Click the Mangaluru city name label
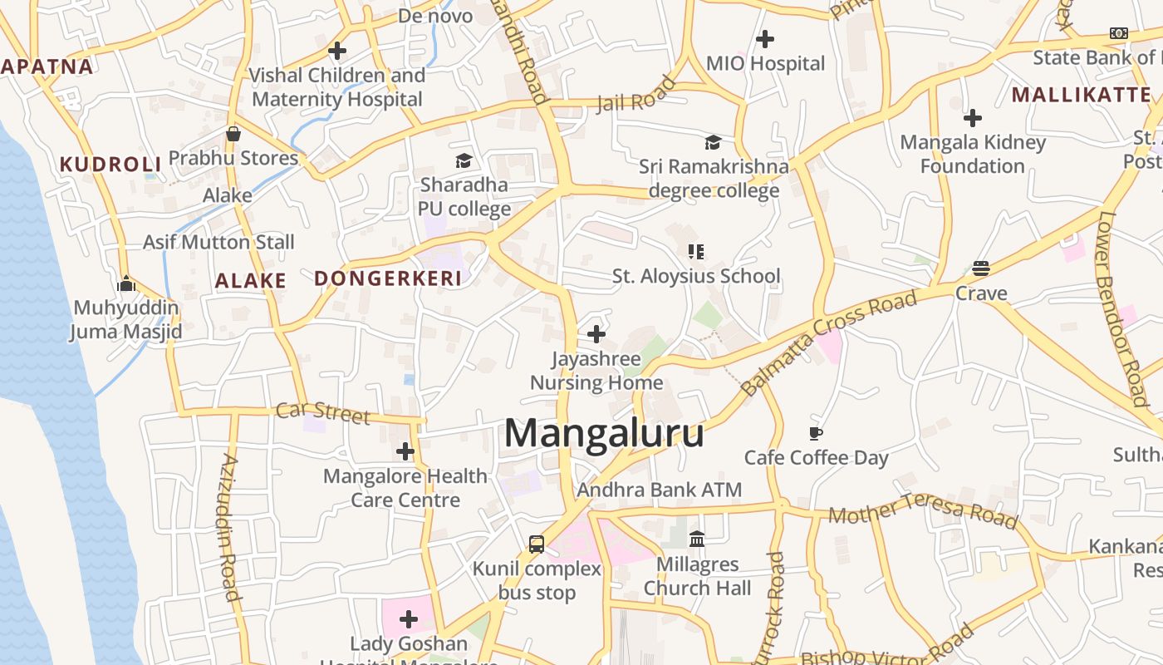(604, 434)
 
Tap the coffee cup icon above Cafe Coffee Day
(816, 433)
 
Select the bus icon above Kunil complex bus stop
(537, 544)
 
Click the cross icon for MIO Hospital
(765, 38)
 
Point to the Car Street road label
(322, 412)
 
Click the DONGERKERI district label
(388, 278)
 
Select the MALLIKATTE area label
(1081, 95)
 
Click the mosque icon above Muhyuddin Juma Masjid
(126, 283)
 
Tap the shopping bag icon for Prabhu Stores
(233, 134)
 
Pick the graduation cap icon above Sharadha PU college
(464, 160)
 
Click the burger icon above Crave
(981, 268)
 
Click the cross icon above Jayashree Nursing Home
(596, 334)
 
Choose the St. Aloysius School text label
(696, 276)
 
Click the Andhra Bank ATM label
(659, 490)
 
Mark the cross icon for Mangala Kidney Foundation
(972, 118)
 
